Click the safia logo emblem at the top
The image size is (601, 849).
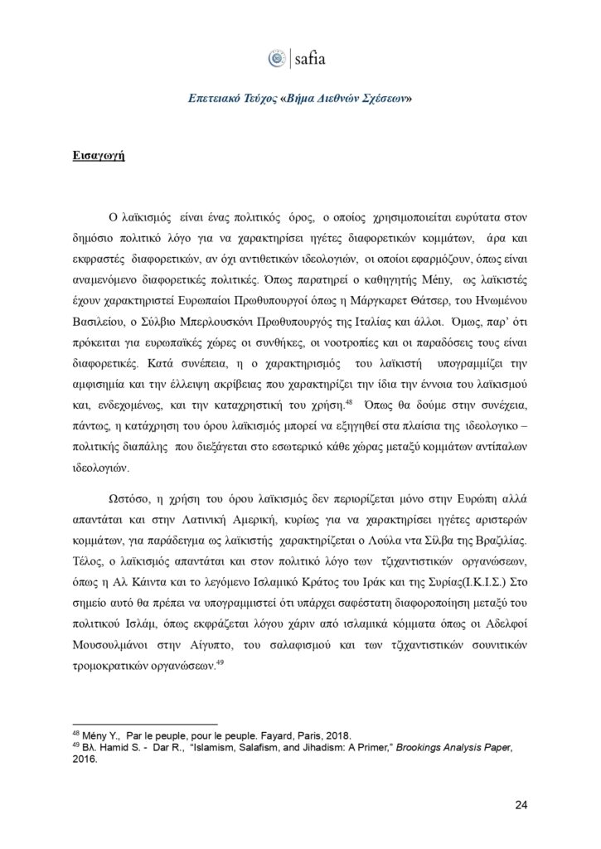click(276, 58)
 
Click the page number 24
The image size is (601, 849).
click(521, 804)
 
